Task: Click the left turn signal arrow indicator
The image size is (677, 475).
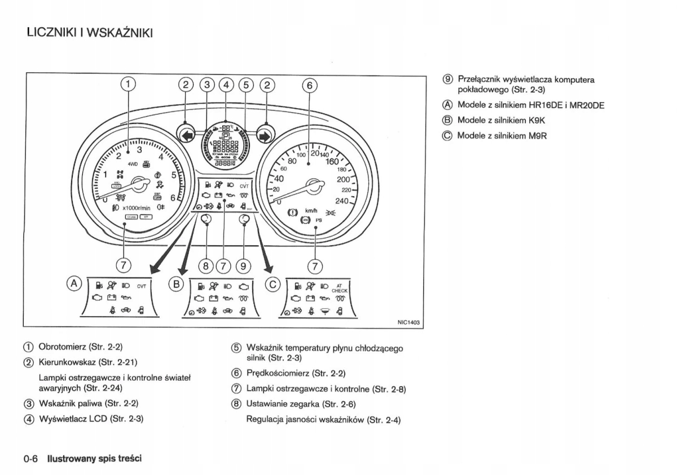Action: pyautogui.click(x=186, y=135)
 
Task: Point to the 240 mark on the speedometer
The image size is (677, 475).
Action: pyautogui.click(x=342, y=201)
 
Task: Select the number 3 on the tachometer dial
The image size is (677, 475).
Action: pyautogui.click(x=139, y=150)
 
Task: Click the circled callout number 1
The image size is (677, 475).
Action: pyautogui.click(x=129, y=85)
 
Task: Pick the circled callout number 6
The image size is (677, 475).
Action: pyautogui.click(x=309, y=85)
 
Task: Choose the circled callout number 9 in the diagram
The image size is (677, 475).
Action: pyautogui.click(x=244, y=264)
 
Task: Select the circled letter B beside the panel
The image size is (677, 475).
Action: pyautogui.click(x=176, y=283)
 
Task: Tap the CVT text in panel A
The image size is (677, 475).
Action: pyautogui.click(x=142, y=286)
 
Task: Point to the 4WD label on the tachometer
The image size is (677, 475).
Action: pyautogui.click(x=134, y=165)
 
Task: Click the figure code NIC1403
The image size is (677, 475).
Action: pyautogui.click(x=409, y=322)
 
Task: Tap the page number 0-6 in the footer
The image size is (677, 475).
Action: pyautogui.click(x=30, y=458)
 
